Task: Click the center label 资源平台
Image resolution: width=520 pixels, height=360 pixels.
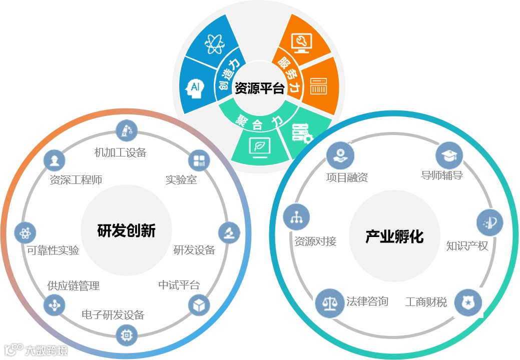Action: coord(259,88)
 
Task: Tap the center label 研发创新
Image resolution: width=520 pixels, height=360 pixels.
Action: coord(126,230)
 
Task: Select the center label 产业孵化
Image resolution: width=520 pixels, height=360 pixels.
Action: coord(394,236)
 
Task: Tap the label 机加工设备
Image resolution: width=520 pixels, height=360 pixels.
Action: coord(120,152)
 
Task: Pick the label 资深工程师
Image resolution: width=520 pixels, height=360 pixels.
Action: coord(76,179)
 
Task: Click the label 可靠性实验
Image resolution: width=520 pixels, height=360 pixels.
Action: coord(53,250)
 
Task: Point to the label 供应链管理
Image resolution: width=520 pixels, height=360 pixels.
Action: coord(73,286)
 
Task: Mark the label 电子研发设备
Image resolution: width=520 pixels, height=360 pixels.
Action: coord(113,315)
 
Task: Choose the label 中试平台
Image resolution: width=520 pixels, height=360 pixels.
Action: coord(179,285)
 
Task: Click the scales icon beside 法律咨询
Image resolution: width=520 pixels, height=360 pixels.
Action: coord(330,303)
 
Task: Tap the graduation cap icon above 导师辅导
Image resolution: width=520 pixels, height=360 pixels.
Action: coord(449,155)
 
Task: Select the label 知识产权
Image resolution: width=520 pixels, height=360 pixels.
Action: coord(467,245)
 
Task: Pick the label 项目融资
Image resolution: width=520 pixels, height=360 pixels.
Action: coord(347,177)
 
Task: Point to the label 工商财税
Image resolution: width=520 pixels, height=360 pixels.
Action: coord(426,302)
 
